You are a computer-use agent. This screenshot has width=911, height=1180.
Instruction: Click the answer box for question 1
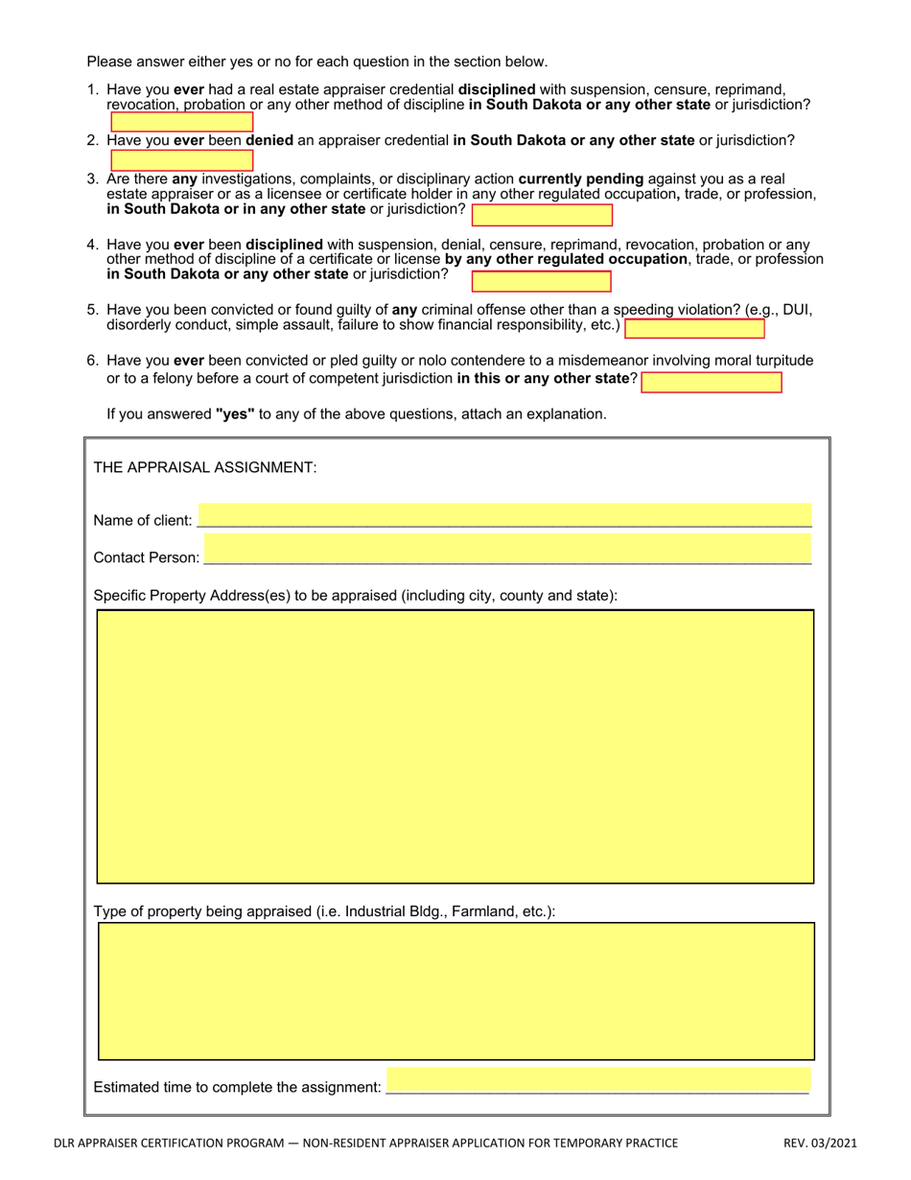tap(182, 122)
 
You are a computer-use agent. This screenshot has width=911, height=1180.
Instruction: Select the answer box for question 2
tap(182, 160)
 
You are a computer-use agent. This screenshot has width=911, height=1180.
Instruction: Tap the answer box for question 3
tap(542, 215)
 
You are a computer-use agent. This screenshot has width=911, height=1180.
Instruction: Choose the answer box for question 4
tap(542, 281)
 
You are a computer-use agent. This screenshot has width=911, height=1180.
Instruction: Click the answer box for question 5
tap(694, 328)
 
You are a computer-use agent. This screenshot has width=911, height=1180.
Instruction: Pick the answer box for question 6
tap(712, 383)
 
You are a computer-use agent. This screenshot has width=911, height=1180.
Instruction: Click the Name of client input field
tap(504, 516)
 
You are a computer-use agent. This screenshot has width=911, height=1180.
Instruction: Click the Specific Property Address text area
tap(455, 746)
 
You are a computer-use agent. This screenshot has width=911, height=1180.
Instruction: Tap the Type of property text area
tap(455, 991)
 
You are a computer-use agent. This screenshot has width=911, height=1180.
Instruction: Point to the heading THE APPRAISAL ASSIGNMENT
tap(205, 467)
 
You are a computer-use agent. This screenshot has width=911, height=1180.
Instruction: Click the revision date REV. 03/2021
tap(820, 1143)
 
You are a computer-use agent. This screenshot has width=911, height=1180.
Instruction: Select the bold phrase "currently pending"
tap(581, 178)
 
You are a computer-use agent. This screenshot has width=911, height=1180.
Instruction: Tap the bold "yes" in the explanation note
tap(235, 414)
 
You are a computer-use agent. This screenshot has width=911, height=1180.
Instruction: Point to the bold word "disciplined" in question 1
tap(497, 89)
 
